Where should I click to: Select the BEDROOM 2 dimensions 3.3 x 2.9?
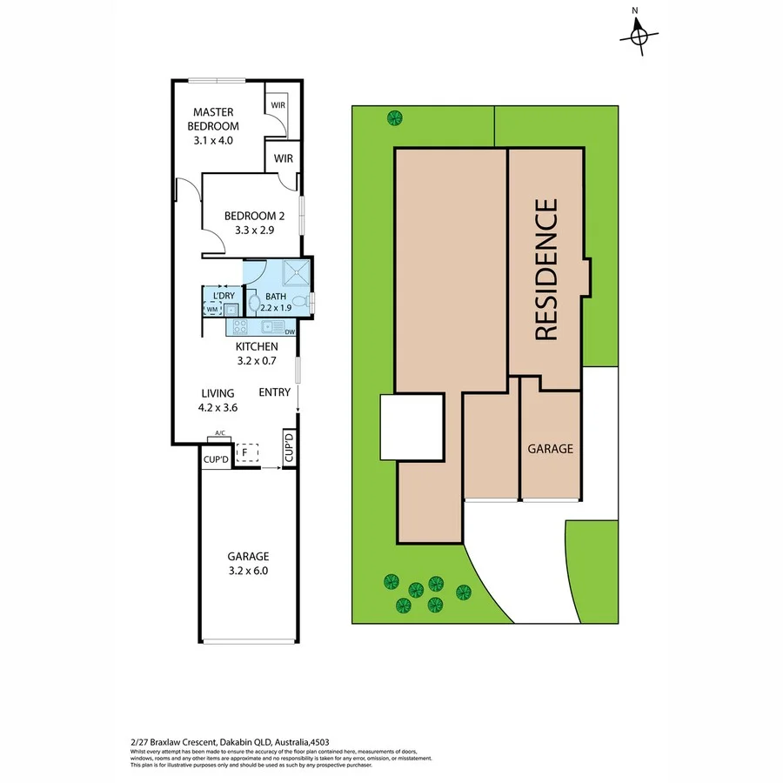254,231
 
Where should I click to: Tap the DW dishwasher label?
289,332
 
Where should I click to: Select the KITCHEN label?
256,346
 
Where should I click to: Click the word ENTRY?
274,392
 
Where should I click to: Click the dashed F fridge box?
247,452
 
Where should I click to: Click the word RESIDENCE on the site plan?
545,270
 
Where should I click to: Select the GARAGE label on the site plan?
550,449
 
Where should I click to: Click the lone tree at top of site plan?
394,117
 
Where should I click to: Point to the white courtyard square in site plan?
412,426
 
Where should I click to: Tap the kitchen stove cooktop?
240,327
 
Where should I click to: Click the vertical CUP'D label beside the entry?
289,448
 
